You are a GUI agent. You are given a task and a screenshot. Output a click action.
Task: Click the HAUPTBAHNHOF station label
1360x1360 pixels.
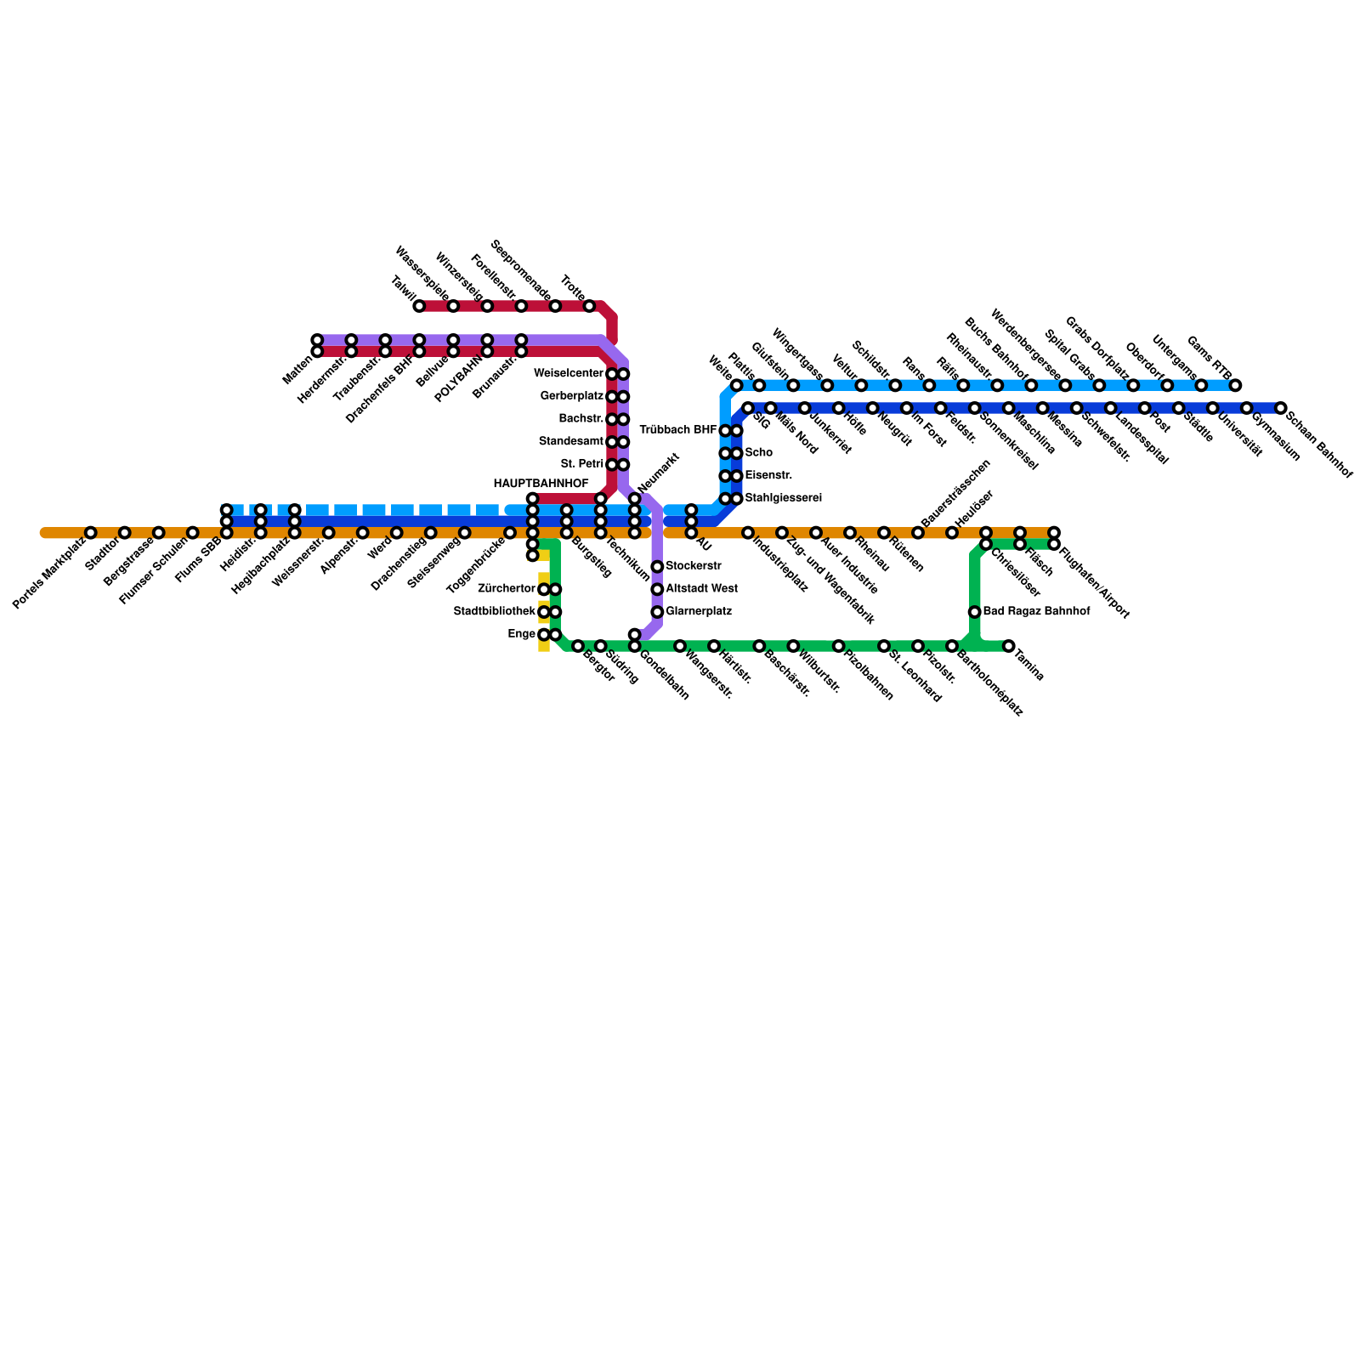tap(541, 484)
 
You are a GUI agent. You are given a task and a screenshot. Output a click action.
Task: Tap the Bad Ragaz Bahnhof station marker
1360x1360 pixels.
tap(974, 612)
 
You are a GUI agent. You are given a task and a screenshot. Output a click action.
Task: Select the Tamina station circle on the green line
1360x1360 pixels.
tap(1008, 646)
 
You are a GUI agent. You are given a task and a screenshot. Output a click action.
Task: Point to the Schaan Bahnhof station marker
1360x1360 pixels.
tap(1280, 408)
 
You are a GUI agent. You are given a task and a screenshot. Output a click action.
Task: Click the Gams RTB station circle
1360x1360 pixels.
tap(1235, 385)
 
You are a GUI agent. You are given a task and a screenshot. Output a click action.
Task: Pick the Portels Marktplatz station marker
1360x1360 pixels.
tap(91, 533)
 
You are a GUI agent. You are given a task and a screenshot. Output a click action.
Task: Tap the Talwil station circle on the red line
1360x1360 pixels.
tap(419, 306)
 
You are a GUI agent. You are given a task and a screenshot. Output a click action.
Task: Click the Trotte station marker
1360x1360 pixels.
tap(589, 306)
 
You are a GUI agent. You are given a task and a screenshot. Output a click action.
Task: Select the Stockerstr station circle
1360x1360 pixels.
tap(657, 567)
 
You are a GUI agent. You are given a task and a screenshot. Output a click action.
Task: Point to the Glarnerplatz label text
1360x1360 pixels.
tap(699, 612)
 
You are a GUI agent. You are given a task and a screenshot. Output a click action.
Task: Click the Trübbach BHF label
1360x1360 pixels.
tap(677, 430)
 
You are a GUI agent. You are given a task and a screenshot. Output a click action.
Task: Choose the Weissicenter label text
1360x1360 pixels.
tap(569, 374)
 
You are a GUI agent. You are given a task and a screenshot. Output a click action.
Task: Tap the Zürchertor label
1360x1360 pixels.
tap(507, 589)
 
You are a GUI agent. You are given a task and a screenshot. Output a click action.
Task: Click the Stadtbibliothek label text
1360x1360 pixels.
tap(495, 612)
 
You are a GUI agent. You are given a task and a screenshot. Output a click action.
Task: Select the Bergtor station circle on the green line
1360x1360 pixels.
tap(578, 646)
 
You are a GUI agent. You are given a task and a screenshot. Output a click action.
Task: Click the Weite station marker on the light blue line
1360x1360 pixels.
tap(736, 385)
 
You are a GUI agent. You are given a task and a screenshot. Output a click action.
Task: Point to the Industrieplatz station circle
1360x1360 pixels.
tap(748, 533)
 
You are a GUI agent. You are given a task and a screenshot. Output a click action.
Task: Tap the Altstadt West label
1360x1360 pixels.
tap(701, 589)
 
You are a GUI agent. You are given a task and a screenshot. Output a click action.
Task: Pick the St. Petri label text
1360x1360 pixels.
tap(582, 464)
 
